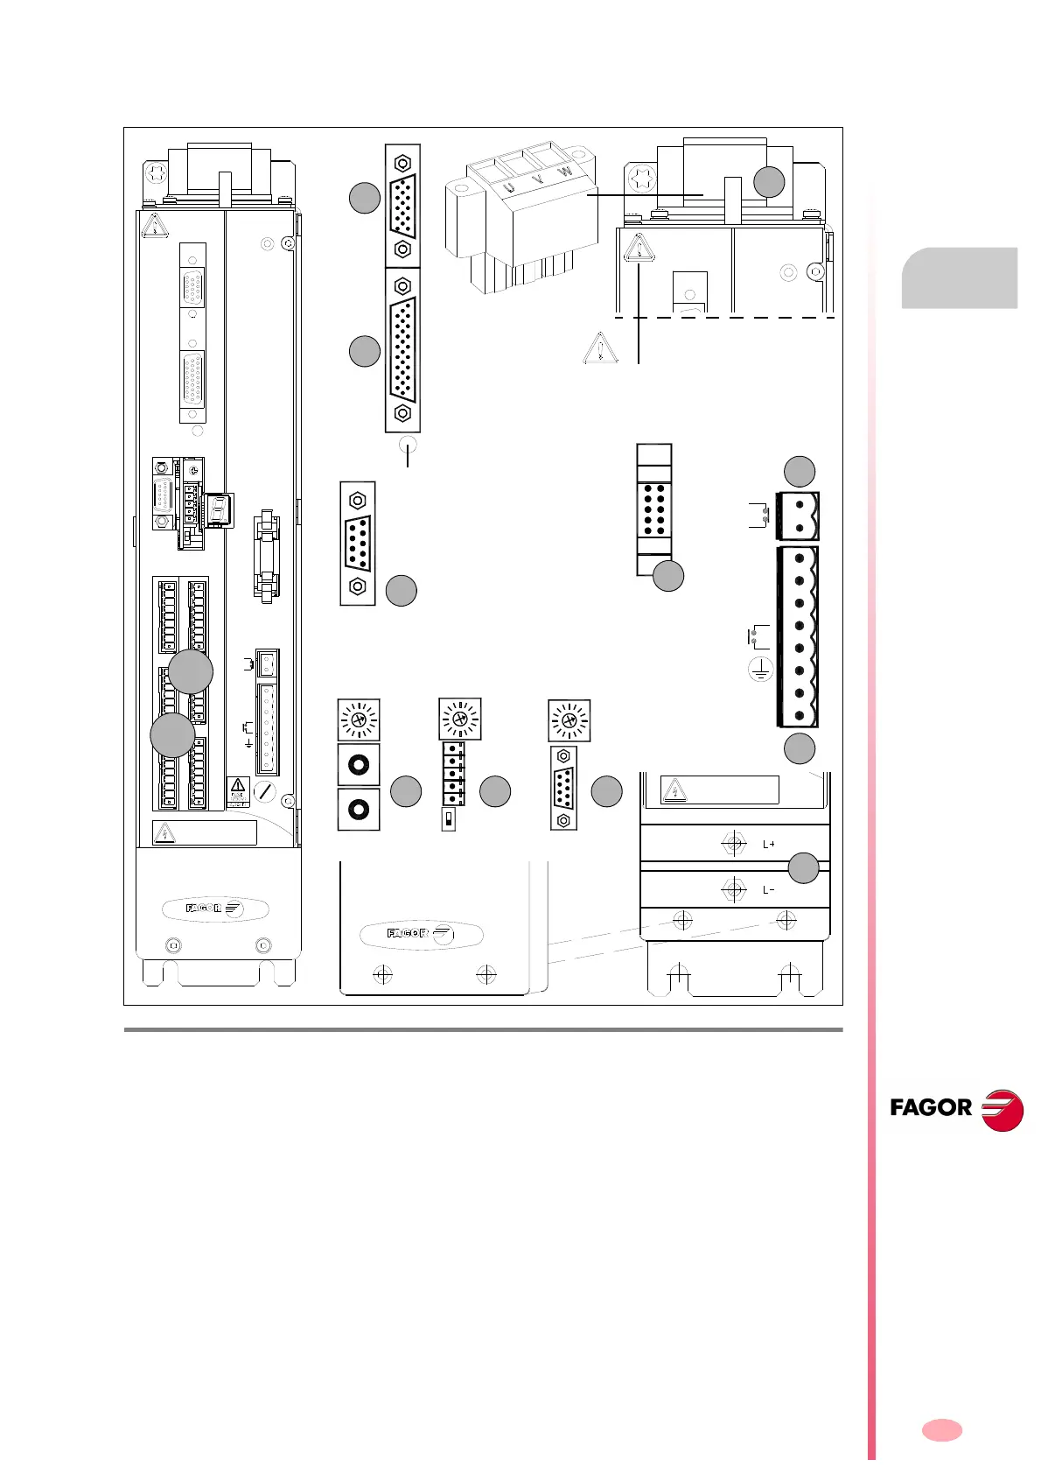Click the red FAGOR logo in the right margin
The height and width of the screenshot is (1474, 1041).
[x=956, y=1109]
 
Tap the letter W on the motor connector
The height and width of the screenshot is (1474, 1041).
[x=566, y=172]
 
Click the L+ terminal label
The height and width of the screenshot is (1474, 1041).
[x=769, y=845]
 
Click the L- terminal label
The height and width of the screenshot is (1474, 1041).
[x=769, y=890]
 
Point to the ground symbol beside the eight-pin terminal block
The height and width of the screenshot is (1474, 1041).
[x=760, y=671]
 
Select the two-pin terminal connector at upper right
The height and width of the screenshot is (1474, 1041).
[x=800, y=516]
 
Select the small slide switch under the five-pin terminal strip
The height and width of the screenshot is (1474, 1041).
[x=449, y=820]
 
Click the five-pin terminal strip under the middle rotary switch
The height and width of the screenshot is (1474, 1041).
[x=452, y=774]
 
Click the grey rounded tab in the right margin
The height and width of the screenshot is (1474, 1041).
[x=960, y=278]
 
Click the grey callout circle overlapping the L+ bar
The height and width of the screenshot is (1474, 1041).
[x=804, y=867]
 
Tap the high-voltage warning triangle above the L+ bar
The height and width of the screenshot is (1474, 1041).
[x=674, y=791]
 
